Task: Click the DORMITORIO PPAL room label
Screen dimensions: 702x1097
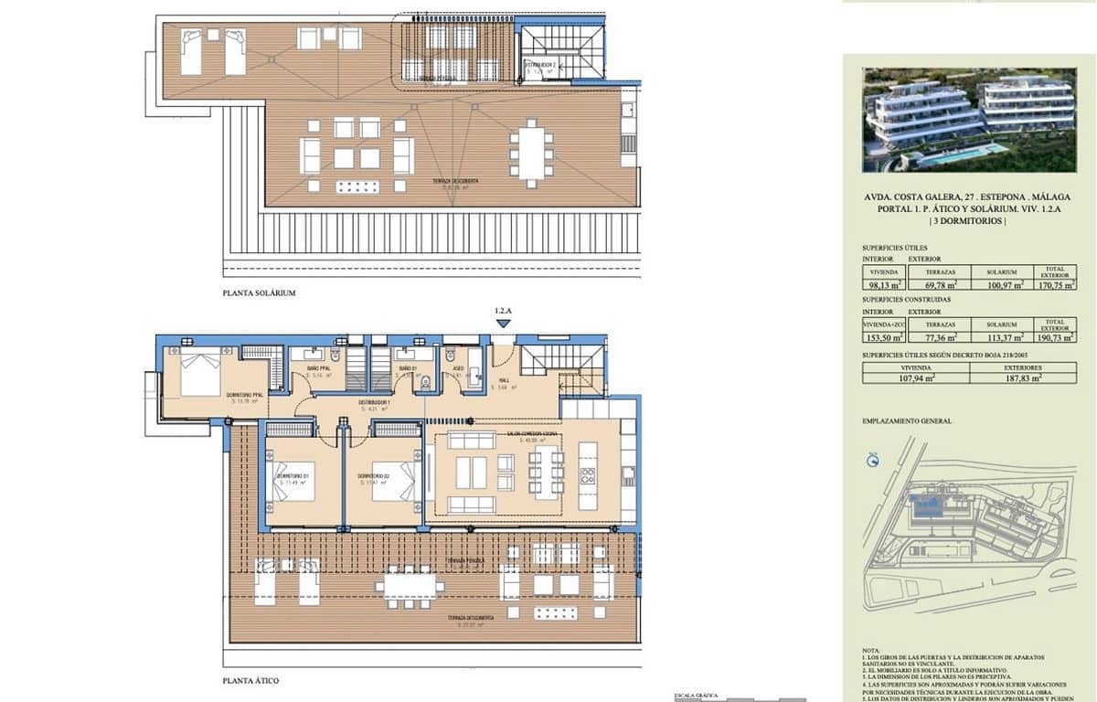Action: pos(246,395)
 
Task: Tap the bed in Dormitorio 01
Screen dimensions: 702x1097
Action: pos(295,481)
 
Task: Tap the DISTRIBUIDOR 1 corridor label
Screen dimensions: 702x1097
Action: pos(374,403)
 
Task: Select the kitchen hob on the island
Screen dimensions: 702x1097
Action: pos(588,476)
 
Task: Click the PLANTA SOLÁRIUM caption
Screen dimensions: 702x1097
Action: pos(260,293)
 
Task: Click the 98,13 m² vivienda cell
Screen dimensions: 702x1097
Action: pos(882,285)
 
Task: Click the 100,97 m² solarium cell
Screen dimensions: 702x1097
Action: pos(1001,285)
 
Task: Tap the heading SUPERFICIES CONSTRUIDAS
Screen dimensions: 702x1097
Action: pos(906,299)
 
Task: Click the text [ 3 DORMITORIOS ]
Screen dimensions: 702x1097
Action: pos(968,221)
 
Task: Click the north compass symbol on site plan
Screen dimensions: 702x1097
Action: pos(871,461)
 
